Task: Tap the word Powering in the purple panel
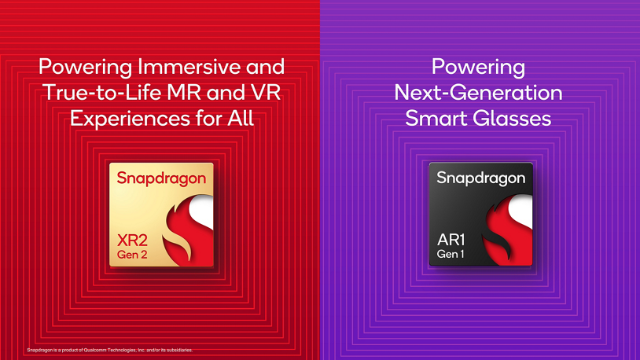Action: [x=478, y=67]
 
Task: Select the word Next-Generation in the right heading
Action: [x=478, y=93]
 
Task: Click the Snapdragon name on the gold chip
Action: [x=162, y=179]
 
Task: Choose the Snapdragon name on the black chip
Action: [x=480, y=178]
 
